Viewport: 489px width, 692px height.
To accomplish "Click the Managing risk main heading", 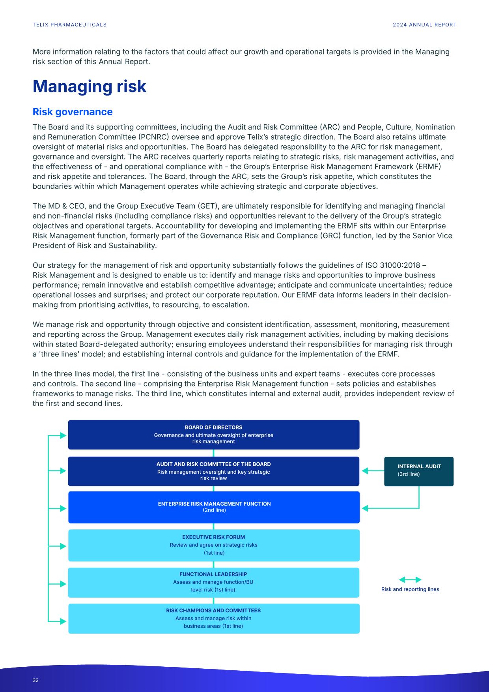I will (x=90, y=86).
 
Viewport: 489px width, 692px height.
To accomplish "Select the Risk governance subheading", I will (x=73, y=112).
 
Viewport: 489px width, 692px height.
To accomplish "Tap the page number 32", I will (x=35, y=680).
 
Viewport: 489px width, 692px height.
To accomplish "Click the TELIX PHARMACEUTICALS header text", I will (x=70, y=24).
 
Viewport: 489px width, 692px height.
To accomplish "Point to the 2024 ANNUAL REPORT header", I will (x=424, y=24).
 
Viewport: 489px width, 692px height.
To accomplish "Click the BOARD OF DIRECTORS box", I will (x=213, y=434).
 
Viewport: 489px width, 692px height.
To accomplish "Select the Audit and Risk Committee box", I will (x=213, y=471).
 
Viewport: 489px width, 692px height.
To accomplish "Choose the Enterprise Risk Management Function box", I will (x=213, y=507).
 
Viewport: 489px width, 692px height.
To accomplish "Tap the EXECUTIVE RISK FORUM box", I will (x=213, y=545).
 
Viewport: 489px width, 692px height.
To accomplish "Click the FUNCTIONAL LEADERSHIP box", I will (x=213, y=582).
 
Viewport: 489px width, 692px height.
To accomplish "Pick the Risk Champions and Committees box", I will (x=213, y=618).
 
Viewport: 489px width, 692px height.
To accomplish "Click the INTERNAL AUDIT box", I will (x=418, y=471).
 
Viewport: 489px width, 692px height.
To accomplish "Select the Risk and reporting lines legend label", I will (x=410, y=589).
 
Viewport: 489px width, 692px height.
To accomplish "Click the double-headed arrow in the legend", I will (x=410, y=580).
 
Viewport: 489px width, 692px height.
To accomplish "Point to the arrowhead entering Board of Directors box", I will (x=63, y=435).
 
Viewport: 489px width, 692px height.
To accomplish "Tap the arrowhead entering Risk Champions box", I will (x=63, y=621).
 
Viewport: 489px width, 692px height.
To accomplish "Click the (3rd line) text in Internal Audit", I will (x=409, y=474).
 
